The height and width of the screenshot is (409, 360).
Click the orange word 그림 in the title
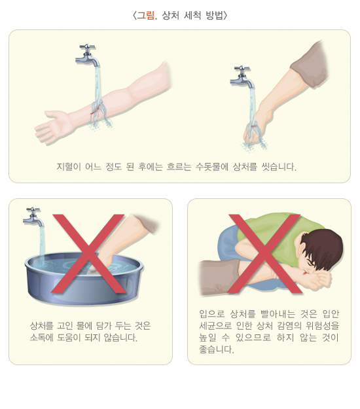pyautogui.click(x=145, y=16)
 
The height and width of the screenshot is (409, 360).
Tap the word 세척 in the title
pyautogui.click(x=192, y=16)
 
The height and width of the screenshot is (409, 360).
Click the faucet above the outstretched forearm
pyautogui.click(x=88, y=56)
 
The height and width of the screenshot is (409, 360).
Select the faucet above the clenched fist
pyautogui.click(x=242, y=77)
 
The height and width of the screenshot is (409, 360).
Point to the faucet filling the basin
pyautogui.click(x=33, y=217)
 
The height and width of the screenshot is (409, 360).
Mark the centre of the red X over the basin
pyautogui.click(x=88, y=254)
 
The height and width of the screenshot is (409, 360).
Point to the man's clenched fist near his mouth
pyautogui.click(x=321, y=280)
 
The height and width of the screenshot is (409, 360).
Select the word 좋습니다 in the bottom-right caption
pyautogui.click(x=216, y=349)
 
